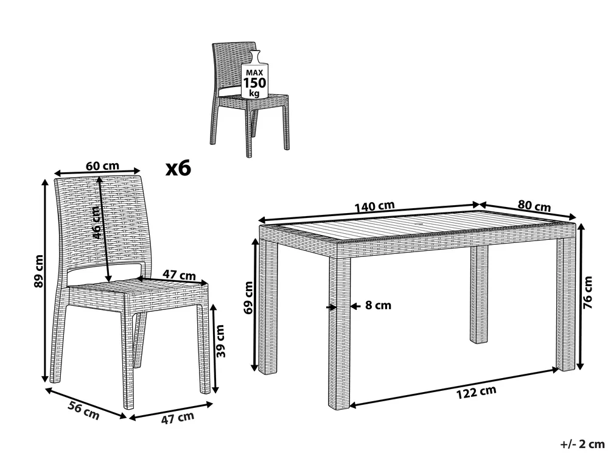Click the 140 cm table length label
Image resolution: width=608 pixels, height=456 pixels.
click(x=374, y=206)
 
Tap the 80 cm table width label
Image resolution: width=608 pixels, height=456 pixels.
click(x=534, y=206)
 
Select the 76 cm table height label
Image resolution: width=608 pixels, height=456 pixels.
click(x=588, y=292)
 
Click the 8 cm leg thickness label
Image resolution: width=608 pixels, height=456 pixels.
click(x=378, y=306)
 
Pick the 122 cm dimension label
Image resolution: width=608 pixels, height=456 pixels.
click(x=476, y=392)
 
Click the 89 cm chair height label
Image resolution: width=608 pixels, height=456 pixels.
click(x=39, y=272)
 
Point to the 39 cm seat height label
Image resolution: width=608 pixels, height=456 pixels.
click(x=220, y=341)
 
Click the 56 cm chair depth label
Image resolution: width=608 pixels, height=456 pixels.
click(x=84, y=410)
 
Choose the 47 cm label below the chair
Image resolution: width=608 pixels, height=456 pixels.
click(x=178, y=418)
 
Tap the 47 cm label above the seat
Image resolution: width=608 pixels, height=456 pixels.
click(x=179, y=275)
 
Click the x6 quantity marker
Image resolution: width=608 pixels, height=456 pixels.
click(x=178, y=169)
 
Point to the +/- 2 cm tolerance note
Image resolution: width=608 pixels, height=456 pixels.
click(x=582, y=444)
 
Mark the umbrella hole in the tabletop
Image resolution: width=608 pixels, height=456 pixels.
click(x=422, y=225)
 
